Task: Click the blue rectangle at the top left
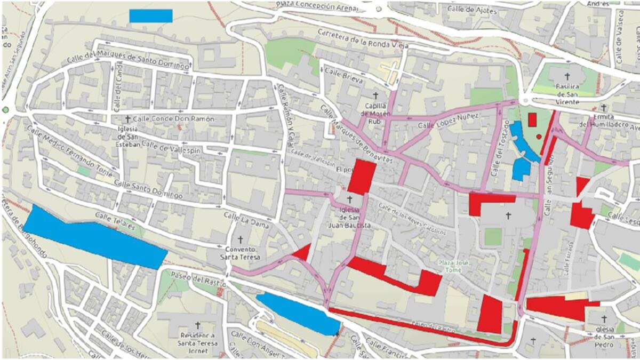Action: (150, 16)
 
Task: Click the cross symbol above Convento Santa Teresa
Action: (240, 239)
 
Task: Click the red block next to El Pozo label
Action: (362, 177)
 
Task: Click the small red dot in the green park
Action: (539, 137)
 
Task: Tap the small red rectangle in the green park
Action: (532, 119)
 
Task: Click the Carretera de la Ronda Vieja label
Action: (363, 38)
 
